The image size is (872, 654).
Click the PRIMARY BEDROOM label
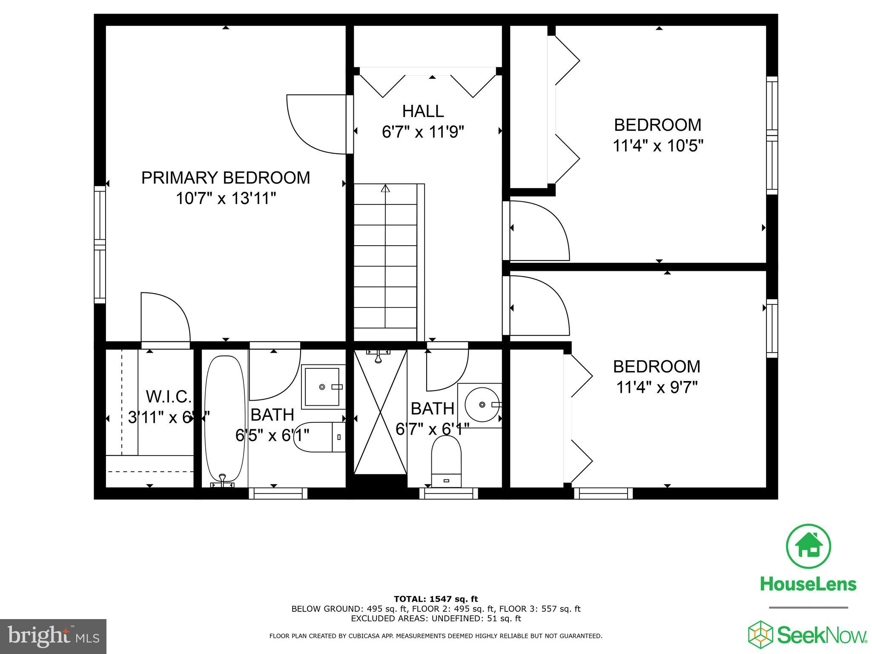(x=225, y=178)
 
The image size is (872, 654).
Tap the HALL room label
(x=423, y=112)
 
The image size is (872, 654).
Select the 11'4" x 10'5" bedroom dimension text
(x=657, y=146)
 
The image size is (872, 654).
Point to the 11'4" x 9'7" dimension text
(x=657, y=387)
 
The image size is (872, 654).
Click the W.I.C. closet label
(x=169, y=397)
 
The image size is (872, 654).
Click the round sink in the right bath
(x=481, y=404)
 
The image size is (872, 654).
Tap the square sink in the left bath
(x=323, y=387)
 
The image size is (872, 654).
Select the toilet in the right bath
(x=446, y=462)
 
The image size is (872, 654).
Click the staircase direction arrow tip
(x=385, y=187)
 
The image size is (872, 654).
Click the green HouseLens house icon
(x=808, y=546)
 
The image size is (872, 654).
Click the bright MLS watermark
(x=53, y=637)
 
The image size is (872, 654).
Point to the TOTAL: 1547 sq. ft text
(x=436, y=599)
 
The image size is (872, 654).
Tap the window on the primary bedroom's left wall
(x=100, y=245)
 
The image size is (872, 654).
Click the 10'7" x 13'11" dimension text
(x=226, y=198)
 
